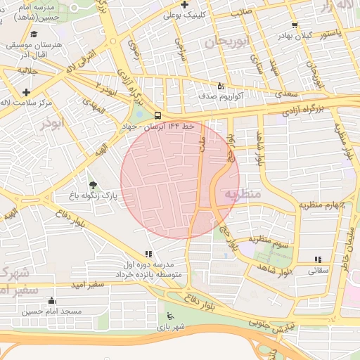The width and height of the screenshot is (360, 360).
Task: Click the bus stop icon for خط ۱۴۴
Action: [157, 115]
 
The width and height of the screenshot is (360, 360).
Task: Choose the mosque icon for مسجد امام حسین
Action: [51, 301]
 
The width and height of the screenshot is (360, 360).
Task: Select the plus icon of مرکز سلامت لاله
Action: [27, 92]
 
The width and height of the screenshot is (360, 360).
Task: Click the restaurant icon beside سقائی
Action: [318, 259]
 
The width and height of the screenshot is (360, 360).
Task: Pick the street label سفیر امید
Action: [88, 285]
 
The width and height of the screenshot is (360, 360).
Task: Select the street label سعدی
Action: [287, 93]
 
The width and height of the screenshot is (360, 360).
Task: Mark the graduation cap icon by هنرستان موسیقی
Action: [34, 34]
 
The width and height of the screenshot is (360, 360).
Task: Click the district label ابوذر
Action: [52, 123]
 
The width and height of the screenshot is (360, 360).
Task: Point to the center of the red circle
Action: [180, 179]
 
